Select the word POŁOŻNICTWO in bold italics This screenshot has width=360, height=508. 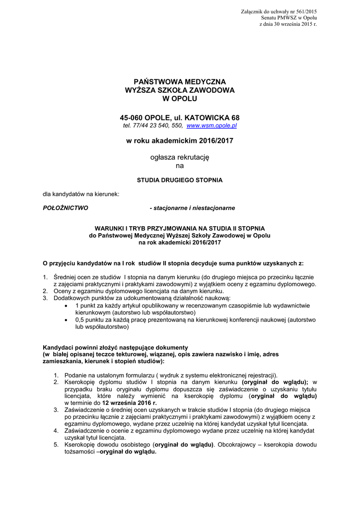66,208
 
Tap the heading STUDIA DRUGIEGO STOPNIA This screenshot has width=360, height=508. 180,180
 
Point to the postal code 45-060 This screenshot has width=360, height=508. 132,118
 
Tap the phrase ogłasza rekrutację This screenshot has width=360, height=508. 180,157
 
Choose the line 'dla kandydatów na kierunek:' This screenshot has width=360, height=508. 81,194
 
